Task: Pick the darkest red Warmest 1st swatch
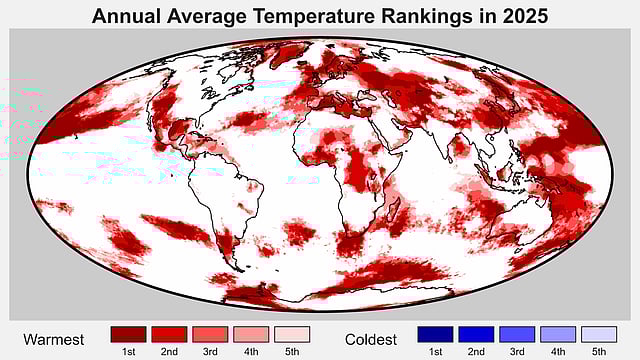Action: (x=128, y=334)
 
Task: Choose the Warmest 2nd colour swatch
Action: (x=169, y=334)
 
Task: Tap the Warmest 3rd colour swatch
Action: (x=210, y=334)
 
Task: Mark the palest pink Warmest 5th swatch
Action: (x=291, y=334)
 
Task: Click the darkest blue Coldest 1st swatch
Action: (x=435, y=334)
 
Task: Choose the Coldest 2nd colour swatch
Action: (x=476, y=334)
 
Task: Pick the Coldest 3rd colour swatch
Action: (x=517, y=334)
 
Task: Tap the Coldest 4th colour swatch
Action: (x=558, y=334)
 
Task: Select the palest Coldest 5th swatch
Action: (x=598, y=334)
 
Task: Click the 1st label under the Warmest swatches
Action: (x=128, y=351)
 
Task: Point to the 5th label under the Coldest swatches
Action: (x=598, y=351)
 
